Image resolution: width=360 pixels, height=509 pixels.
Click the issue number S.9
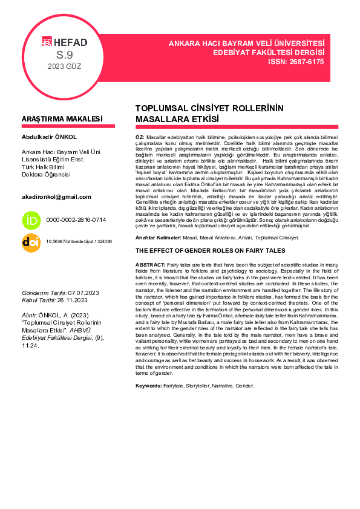(x=64, y=55)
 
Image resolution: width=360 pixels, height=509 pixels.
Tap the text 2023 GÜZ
(x=64, y=66)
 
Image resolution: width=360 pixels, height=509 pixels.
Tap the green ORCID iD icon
(x=31, y=219)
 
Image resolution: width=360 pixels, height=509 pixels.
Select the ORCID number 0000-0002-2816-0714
(x=76, y=220)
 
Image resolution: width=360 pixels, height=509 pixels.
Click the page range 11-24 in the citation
(x=30, y=345)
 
